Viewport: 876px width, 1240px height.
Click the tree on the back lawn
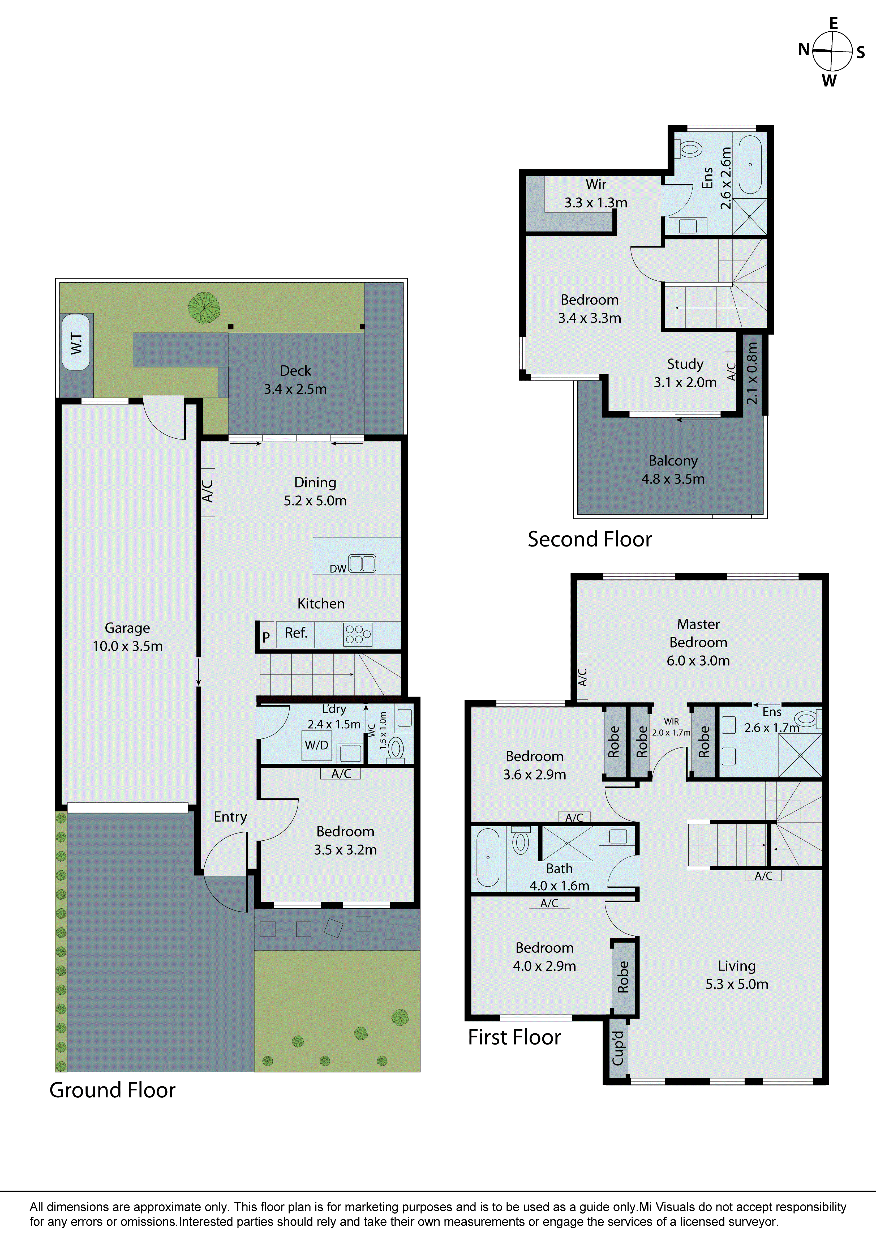204,306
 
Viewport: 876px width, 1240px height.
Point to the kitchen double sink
362,563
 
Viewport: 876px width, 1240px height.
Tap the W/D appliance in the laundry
316,745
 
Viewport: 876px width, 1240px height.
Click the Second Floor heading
590,540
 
